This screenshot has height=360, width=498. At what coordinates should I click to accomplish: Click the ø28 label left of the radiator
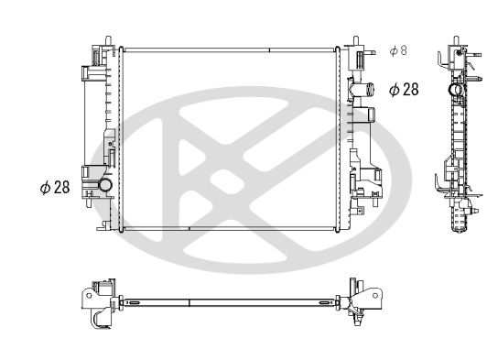(x=54, y=187)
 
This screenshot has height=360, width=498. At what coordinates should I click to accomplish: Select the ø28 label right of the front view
(x=404, y=89)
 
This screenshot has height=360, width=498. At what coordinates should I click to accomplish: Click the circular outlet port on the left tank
(x=104, y=187)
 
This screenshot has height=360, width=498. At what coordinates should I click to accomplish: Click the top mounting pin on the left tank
(x=109, y=41)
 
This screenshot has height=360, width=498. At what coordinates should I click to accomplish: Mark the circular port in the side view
(x=453, y=91)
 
